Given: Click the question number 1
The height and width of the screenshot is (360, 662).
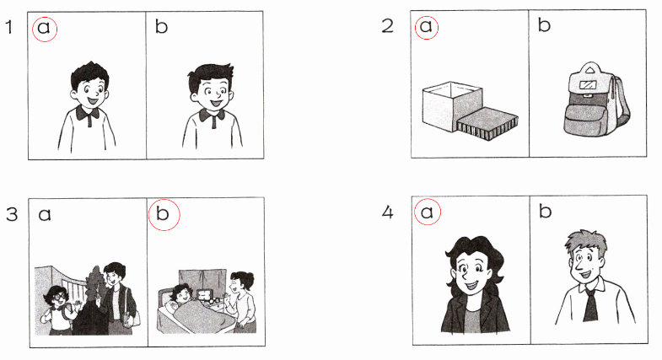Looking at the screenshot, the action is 9,27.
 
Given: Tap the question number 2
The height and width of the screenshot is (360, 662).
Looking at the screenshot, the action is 387,26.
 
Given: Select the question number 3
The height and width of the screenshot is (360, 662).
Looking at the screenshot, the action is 12,214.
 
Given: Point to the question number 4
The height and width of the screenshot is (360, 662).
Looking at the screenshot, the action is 387,212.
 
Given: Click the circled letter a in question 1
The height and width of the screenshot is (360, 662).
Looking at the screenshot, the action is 44,28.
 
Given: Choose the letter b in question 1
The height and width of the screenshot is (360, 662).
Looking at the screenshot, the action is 161,26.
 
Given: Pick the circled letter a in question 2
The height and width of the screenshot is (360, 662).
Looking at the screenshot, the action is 426,26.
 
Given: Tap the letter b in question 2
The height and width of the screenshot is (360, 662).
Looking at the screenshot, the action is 544,24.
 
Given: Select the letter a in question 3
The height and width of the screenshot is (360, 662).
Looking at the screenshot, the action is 45,215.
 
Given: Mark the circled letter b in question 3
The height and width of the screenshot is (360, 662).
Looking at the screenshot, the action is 163,213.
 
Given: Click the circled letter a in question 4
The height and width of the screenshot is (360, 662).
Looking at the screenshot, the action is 427,212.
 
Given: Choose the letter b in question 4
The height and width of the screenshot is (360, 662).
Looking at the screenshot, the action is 545,211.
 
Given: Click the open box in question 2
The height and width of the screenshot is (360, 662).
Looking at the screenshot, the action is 452,106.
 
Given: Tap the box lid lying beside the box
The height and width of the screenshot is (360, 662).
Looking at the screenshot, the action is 487,124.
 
